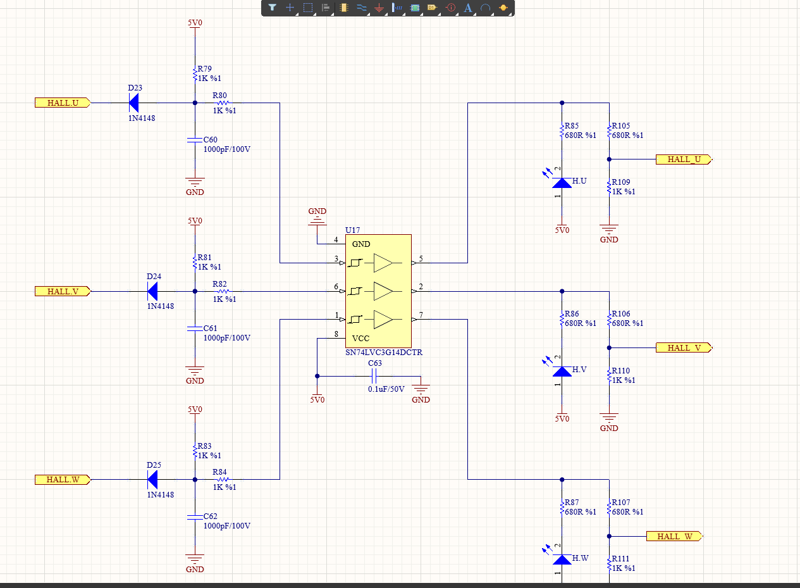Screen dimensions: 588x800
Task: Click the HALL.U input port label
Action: (63, 103)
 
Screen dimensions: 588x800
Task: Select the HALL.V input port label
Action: (63, 292)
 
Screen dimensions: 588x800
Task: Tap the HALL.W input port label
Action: (63, 480)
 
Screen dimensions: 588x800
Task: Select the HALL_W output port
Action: (675, 536)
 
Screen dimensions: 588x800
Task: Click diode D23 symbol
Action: (133, 103)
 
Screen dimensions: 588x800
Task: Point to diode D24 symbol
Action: (152, 292)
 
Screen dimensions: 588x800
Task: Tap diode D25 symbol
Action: (152, 480)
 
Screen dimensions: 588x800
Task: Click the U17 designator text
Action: (352, 230)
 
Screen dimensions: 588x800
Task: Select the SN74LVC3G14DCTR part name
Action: (384, 352)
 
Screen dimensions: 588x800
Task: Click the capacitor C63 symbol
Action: (374, 376)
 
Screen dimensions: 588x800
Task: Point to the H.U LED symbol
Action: (562, 183)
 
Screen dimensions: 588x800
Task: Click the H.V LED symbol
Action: (562, 371)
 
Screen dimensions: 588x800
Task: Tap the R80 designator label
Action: (220, 96)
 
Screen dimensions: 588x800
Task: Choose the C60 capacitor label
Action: (210, 140)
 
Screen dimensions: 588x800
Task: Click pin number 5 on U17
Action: (421, 258)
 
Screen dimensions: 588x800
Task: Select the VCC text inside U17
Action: (360, 339)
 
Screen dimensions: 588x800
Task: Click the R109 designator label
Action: (621, 182)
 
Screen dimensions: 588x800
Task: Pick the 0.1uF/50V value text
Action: (386, 389)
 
